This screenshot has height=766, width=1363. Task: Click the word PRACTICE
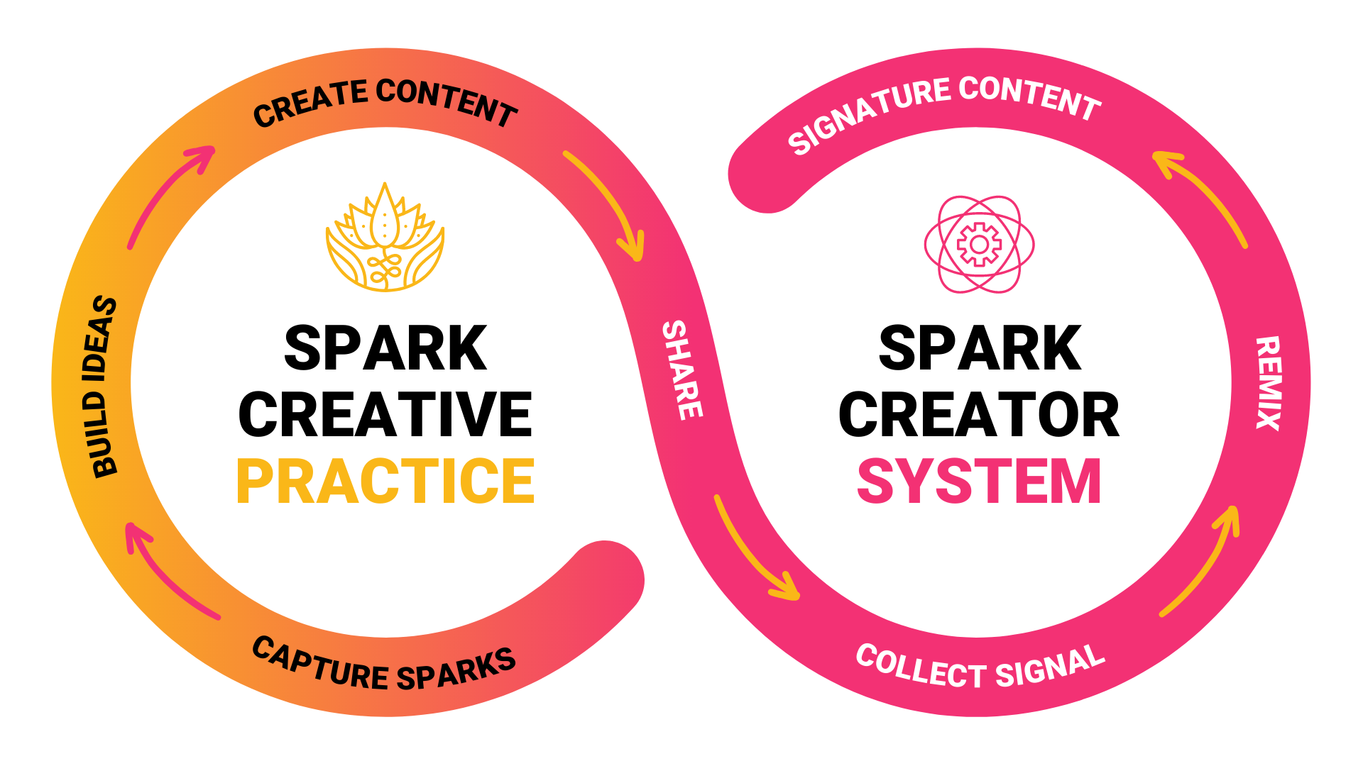[x=385, y=481]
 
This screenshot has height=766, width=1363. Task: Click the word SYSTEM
[x=979, y=481]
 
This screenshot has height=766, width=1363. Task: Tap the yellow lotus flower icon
[x=385, y=238]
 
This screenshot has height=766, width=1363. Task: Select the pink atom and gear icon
[x=979, y=244]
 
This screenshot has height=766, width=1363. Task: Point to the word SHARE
[x=682, y=370]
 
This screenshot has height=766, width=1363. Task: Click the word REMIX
[x=1269, y=383]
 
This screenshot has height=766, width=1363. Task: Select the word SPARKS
[x=456, y=670]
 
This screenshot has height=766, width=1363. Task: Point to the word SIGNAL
[x=1050, y=667]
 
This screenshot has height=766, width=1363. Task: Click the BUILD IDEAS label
[x=104, y=387]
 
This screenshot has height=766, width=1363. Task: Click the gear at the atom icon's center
[x=979, y=245]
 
